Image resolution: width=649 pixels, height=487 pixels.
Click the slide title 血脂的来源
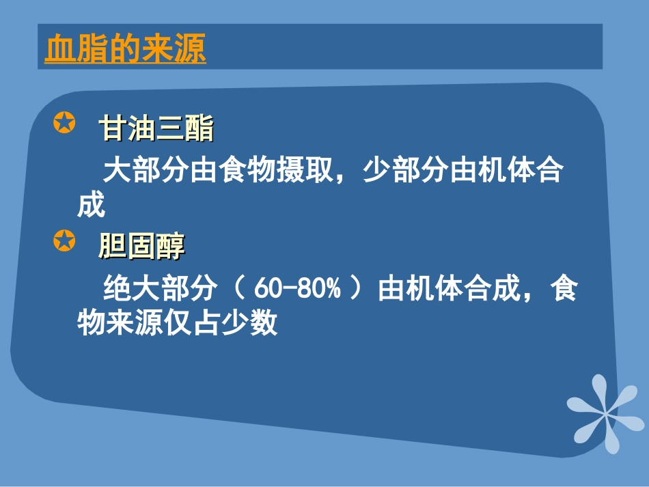[125, 49]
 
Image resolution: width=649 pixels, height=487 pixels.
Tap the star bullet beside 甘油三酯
[64, 124]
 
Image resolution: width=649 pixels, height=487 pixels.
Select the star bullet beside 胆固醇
[64, 240]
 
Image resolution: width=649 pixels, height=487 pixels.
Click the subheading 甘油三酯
[156, 128]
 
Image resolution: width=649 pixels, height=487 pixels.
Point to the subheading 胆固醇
[141, 245]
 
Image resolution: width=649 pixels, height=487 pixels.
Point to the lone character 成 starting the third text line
[91, 204]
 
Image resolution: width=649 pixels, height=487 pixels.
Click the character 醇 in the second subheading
[170, 245]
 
